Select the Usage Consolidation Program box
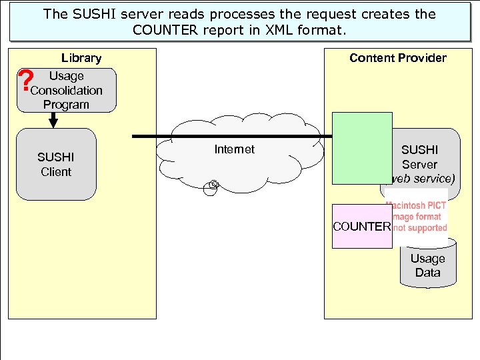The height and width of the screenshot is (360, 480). (x=67, y=90)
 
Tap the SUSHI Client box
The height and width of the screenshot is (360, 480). (x=56, y=165)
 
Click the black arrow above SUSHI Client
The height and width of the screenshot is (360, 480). (x=53, y=120)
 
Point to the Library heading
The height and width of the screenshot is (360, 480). (x=81, y=58)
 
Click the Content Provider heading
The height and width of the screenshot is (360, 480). (x=397, y=58)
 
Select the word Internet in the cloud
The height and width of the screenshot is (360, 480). (x=234, y=149)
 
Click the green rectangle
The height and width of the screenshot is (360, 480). (x=362, y=148)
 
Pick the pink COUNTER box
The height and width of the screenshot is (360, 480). (x=362, y=226)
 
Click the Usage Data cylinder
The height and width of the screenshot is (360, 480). (x=427, y=266)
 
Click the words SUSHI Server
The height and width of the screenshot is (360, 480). (x=419, y=157)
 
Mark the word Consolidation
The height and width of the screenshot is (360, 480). (x=67, y=90)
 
